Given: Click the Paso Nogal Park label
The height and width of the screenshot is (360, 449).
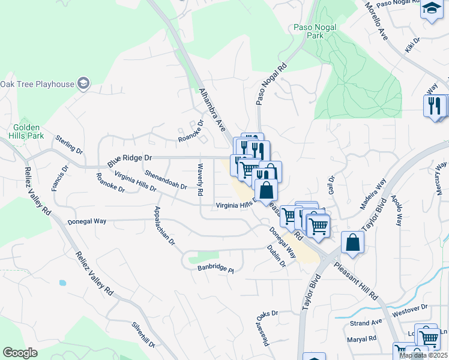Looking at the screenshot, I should (x=316, y=31).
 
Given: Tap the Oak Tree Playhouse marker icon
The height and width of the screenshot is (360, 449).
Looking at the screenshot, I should (x=84, y=83).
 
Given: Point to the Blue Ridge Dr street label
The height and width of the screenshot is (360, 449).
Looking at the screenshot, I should (x=130, y=160).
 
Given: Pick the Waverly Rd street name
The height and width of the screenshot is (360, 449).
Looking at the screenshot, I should (x=200, y=179).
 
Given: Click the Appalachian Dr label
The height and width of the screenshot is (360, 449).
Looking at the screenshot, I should (x=164, y=226).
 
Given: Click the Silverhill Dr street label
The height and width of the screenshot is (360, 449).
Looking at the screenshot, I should (x=144, y=335).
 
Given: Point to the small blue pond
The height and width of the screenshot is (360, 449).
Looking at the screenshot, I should (x=62, y=282).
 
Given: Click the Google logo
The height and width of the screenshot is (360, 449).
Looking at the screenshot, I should (x=20, y=353).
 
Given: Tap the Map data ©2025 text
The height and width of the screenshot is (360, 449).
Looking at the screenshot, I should (x=423, y=355).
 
